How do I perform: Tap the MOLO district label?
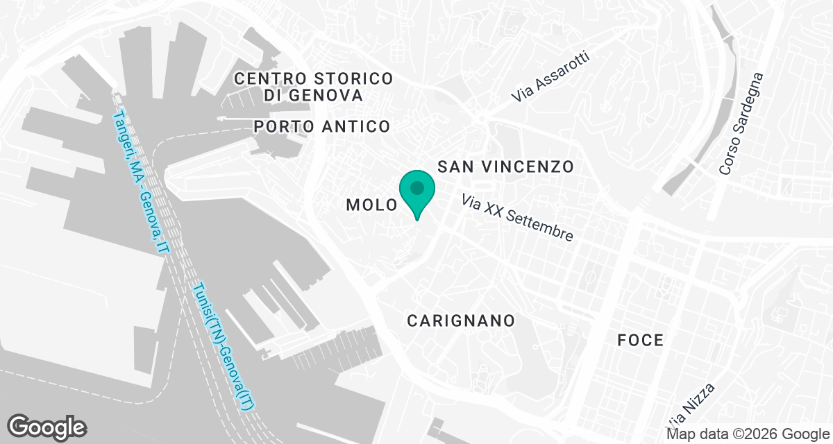(x=371, y=205)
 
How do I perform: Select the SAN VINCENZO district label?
(x=505, y=167)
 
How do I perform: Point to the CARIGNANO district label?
(x=461, y=321)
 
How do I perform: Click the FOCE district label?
(x=641, y=341)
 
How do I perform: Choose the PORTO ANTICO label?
(x=322, y=126)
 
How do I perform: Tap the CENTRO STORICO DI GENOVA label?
(x=314, y=87)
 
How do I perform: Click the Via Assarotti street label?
(x=550, y=78)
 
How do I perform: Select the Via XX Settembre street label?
(x=518, y=217)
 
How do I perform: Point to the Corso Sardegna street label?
(x=741, y=123)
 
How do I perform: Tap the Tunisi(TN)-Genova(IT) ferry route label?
(x=224, y=349)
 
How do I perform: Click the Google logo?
(x=47, y=427)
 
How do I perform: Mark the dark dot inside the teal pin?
(x=416, y=187)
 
